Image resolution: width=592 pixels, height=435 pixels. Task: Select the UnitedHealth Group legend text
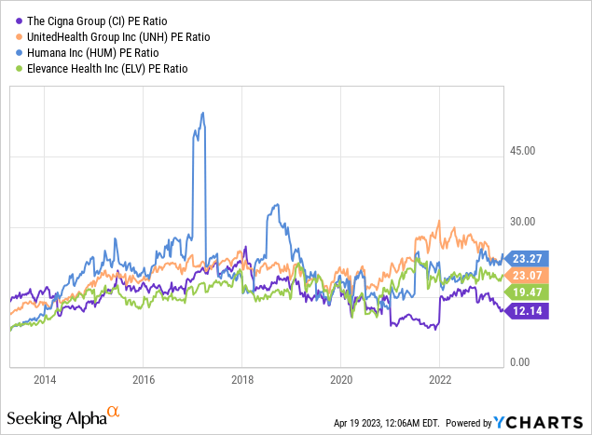pyautogui.click(x=112, y=37)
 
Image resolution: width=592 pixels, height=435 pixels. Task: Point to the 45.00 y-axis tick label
pyautogui.click(x=524, y=151)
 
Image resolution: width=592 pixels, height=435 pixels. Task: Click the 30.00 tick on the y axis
pyautogui.click(x=524, y=222)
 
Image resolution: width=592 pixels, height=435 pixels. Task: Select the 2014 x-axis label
pyautogui.click(x=45, y=380)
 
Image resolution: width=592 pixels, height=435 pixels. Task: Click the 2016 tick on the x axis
pyautogui.click(x=144, y=380)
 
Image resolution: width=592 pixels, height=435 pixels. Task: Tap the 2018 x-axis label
pyautogui.click(x=242, y=380)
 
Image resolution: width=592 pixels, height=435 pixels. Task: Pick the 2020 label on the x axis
pyautogui.click(x=341, y=380)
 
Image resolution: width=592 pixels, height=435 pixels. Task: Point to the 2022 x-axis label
pyautogui.click(x=440, y=380)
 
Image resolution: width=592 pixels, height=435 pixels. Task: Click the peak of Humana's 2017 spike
pyautogui.click(x=202, y=114)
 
